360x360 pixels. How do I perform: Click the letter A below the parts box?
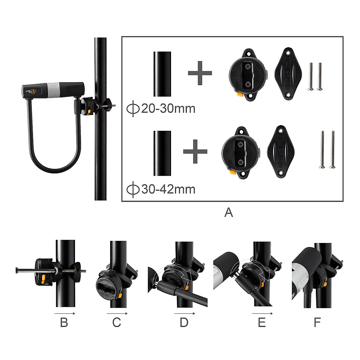point(229,212)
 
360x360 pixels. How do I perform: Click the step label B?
point(64,323)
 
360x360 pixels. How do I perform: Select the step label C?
point(117,323)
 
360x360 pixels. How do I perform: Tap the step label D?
point(184,323)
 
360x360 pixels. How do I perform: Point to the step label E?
point(262,323)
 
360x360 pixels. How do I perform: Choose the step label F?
point(317,323)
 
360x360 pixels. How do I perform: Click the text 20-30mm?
point(168,108)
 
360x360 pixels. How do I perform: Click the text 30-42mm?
point(168,189)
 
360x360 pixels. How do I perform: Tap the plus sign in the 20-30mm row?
point(200,73)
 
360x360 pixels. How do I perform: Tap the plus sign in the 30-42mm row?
point(195,151)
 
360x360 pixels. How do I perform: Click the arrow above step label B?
point(64,313)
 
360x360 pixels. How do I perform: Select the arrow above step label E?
point(262,313)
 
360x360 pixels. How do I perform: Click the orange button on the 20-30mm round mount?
point(239,95)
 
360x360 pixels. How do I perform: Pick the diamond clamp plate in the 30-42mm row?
point(280,151)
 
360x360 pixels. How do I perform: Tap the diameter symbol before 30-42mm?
point(133,190)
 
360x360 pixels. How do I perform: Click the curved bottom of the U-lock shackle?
point(54,169)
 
